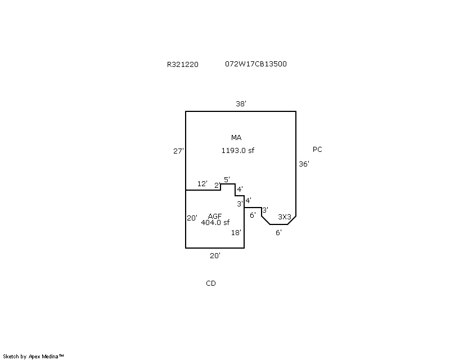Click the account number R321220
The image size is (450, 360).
click(182, 64)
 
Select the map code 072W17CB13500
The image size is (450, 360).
click(256, 64)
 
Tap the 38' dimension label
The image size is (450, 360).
click(241, 103)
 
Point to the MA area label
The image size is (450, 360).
click(236, 137)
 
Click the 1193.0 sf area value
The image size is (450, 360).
click(237, 150)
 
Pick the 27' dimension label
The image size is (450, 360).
click(178, 151)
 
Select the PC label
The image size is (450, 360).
click(317, 149)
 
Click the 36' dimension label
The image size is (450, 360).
click(304, 164)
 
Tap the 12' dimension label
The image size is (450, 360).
click(202, 183)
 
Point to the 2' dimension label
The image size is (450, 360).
click(218, 186)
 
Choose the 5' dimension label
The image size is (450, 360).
click(227, 179)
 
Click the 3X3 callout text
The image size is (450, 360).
click(285, 217)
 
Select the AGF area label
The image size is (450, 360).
click(215, 216)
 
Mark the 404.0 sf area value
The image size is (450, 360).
click(215, 222)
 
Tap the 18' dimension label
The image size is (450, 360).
click(236, 232)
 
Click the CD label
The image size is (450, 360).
click(211, 283)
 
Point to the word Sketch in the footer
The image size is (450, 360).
click(11, 357)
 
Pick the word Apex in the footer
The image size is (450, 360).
click(34, 357)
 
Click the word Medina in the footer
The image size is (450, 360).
click(50, 357)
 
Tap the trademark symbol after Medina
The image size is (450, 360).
click(61, 355)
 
